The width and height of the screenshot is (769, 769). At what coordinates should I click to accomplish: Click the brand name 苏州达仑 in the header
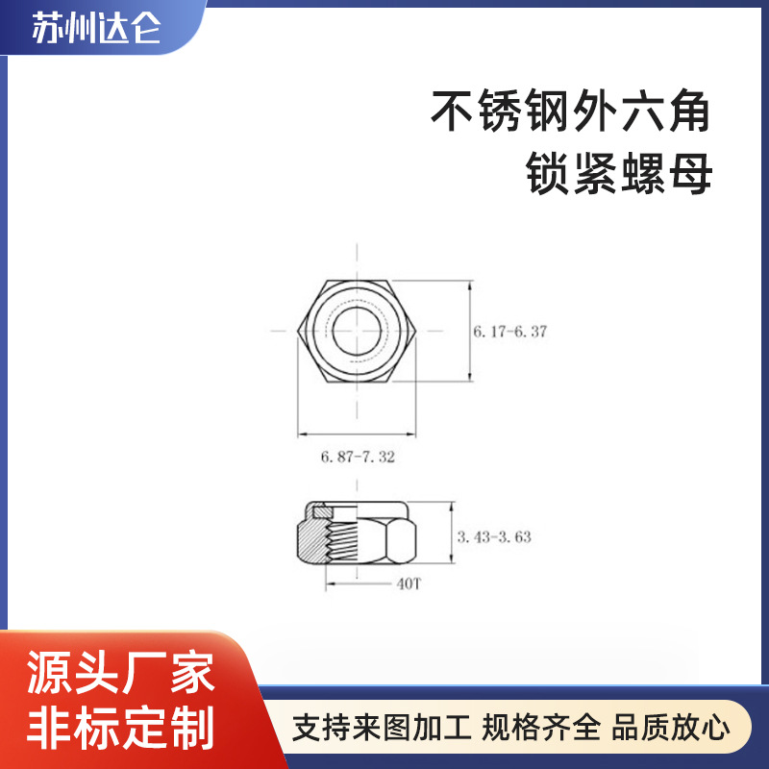96,30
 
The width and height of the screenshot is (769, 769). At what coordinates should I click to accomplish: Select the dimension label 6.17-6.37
509,332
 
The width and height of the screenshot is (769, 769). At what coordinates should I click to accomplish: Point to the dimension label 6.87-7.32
358,458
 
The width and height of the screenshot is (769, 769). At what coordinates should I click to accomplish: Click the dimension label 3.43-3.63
494,536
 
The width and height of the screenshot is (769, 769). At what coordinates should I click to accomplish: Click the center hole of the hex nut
358,331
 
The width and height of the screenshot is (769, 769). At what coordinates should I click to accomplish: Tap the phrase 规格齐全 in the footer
541,726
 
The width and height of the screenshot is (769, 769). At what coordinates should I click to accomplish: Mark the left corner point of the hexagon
297,331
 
